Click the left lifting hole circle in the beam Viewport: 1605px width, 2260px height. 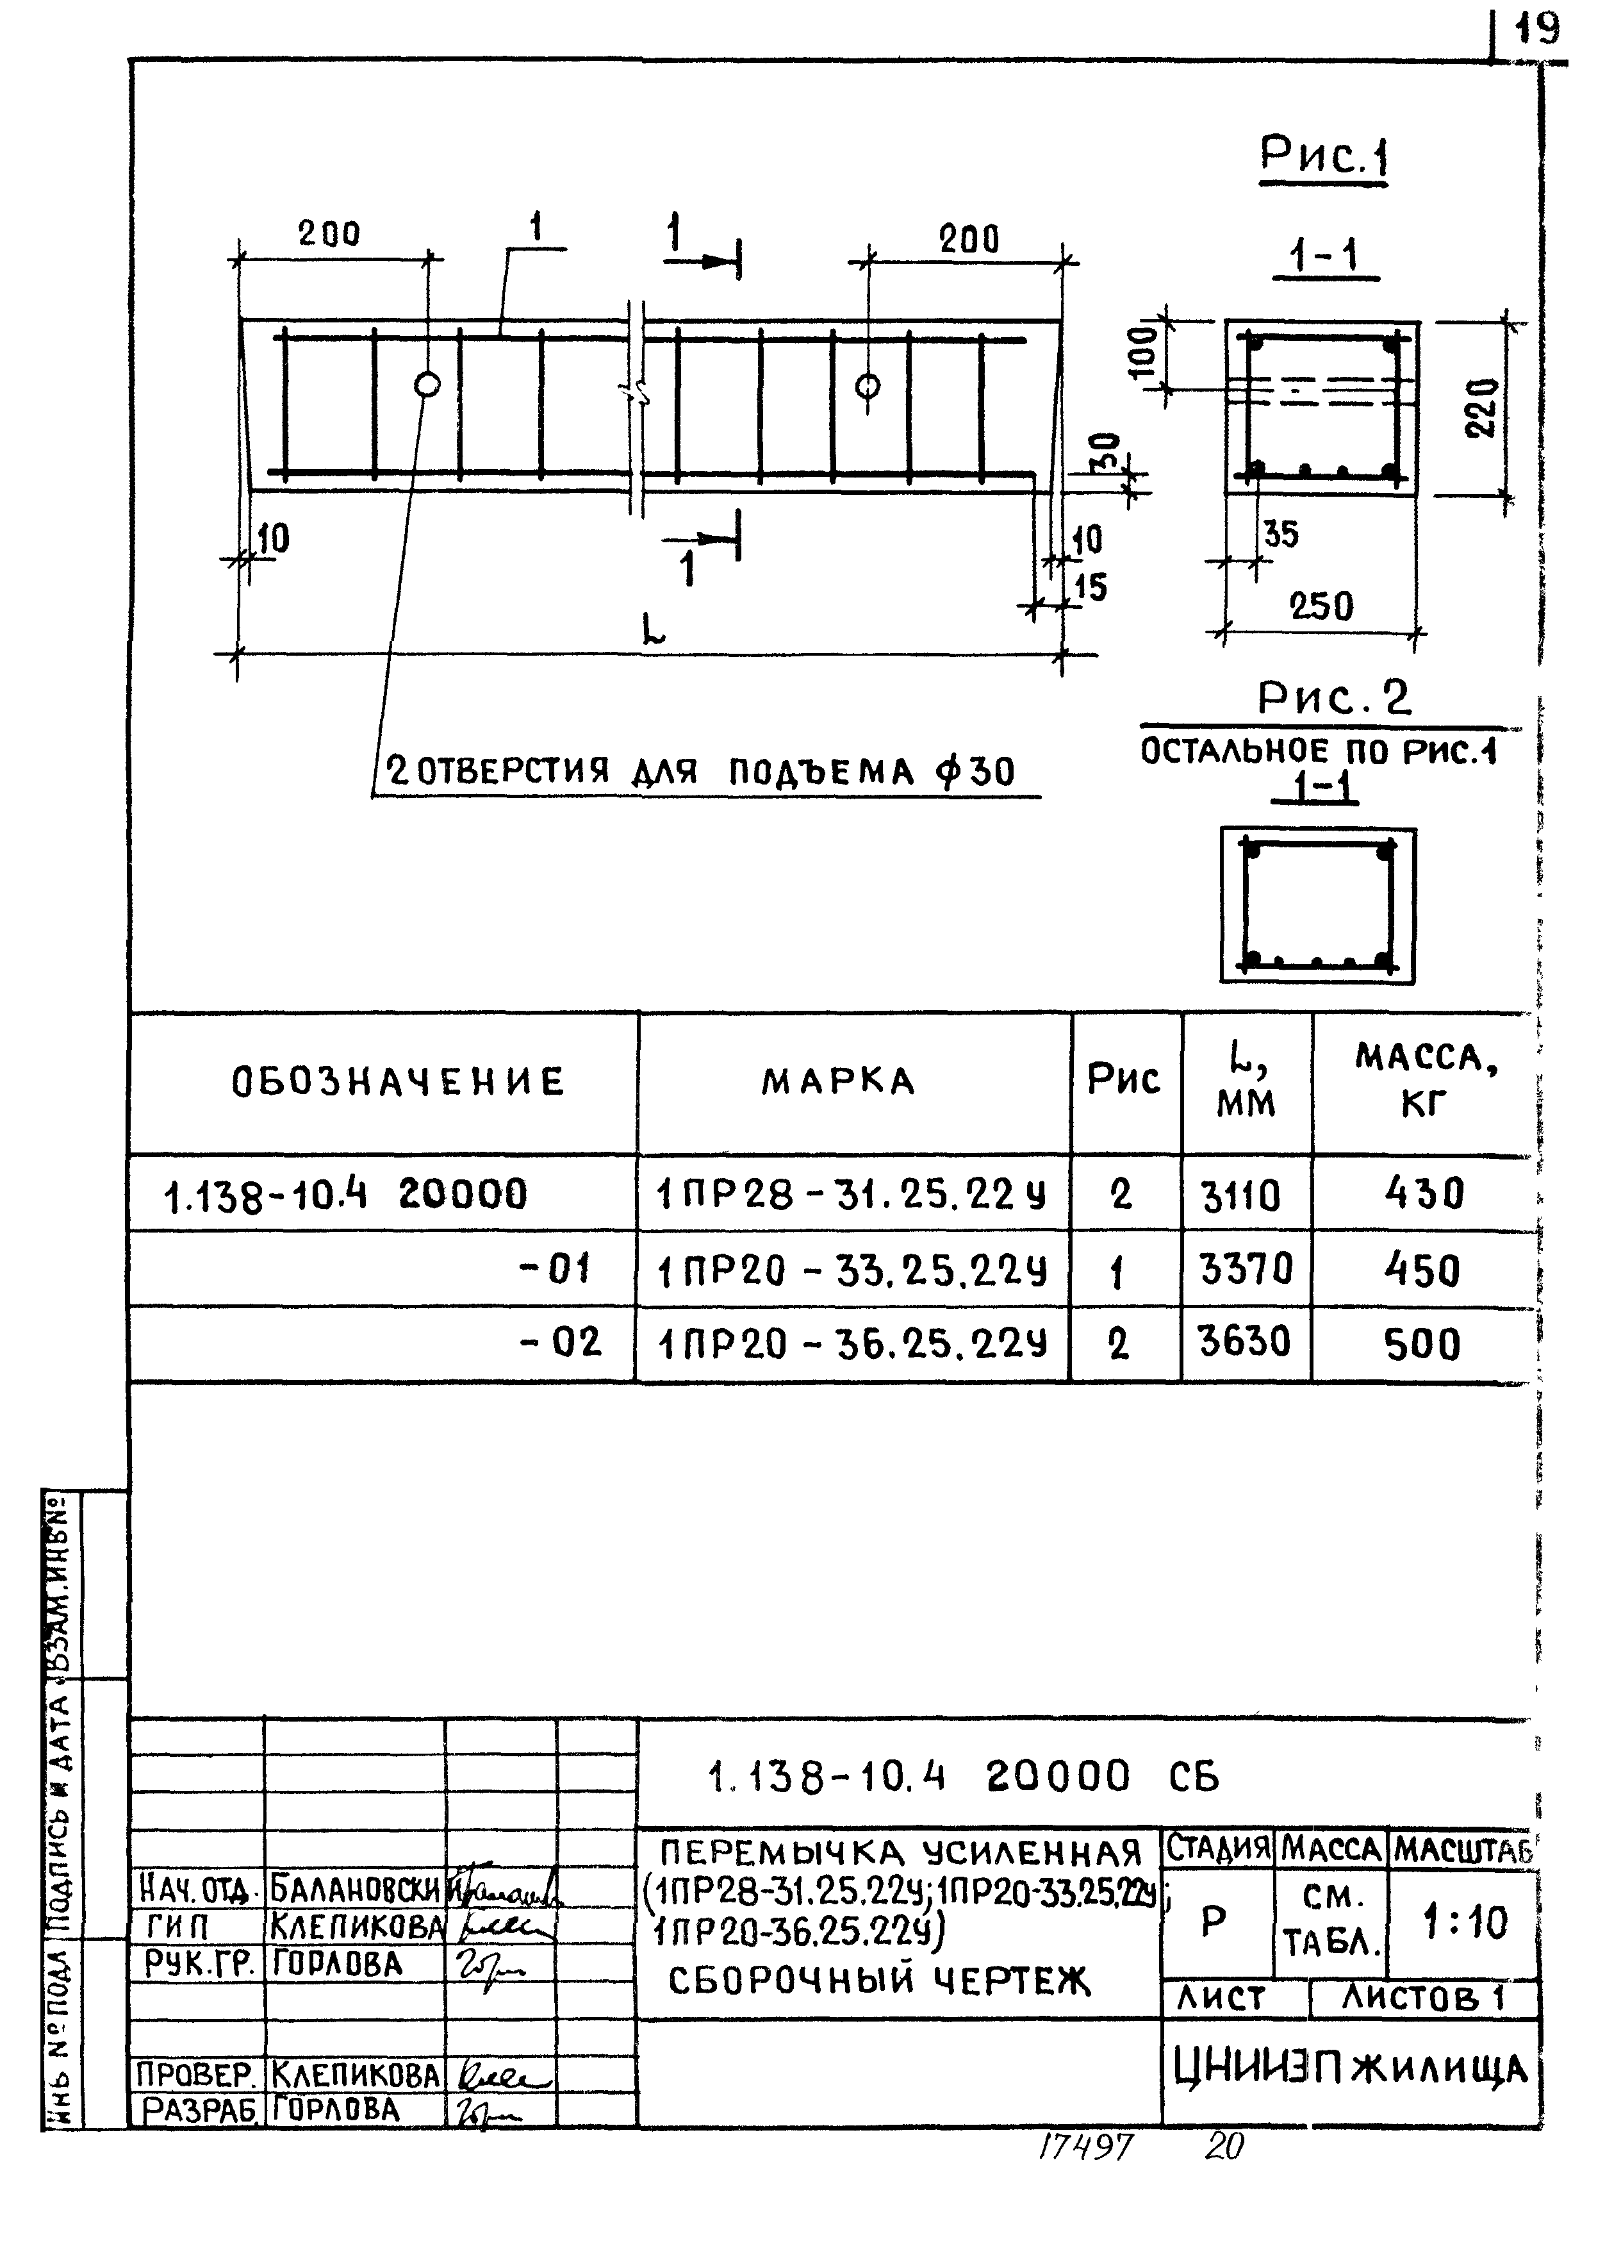427,385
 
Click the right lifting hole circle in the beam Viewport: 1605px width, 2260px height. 868,386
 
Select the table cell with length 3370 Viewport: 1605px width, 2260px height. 1246,1268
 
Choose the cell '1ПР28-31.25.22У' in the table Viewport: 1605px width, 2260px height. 852,1195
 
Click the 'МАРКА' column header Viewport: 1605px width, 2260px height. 838,1081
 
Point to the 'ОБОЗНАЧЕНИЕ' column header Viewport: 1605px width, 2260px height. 399,1081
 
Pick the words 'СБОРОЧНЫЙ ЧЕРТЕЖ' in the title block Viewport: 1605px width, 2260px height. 880,1980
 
